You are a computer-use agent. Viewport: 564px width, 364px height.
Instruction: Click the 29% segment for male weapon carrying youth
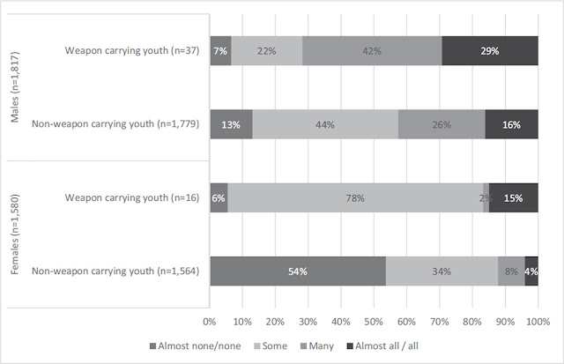pos(490,51)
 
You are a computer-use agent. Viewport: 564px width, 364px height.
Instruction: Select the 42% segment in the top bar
pos(371,51)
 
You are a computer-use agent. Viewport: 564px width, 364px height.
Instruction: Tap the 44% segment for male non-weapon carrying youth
pos(325,124)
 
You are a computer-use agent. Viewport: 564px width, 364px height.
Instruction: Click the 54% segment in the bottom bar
pos(297,271)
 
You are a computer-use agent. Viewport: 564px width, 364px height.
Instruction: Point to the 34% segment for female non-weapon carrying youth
pos(442,271)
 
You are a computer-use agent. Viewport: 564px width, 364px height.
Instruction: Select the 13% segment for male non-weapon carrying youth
pos(231,124)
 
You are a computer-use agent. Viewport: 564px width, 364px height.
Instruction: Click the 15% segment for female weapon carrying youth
pos(514,198)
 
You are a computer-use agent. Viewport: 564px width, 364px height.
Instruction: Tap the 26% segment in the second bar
pos(442,124)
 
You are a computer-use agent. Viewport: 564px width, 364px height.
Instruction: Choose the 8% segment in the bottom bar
pos(511,271)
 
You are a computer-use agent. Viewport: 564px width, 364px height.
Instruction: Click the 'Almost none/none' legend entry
pos(192,345)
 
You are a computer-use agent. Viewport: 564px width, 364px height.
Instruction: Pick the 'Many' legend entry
pos(318,345)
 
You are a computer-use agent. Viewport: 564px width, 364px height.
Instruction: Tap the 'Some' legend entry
pos(271,345)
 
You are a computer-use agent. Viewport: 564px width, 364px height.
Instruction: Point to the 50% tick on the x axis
pos(374,322)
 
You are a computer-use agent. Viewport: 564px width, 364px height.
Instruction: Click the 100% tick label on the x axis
pos(538,322)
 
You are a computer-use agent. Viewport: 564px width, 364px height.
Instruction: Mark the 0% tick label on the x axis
pos(210,322)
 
